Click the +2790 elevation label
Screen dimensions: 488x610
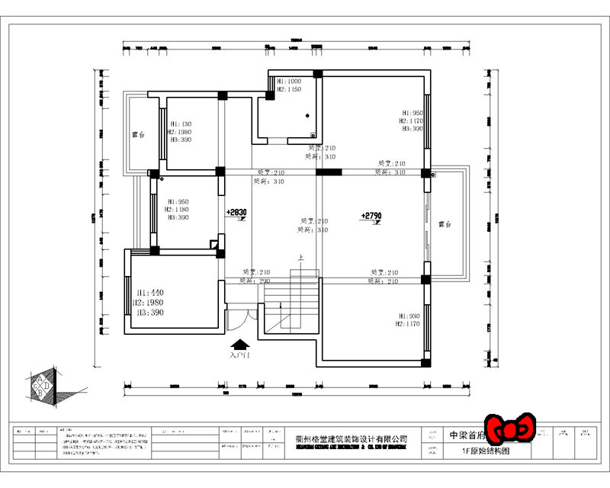tap(371, 216)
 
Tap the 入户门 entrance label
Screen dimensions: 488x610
tap(239, 355)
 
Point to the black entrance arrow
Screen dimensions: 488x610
tap(239, 345)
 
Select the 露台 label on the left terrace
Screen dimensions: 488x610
tap(138, 134)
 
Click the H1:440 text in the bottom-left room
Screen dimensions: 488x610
tap(150, 293)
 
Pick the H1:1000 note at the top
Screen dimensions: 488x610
tap(289, 81)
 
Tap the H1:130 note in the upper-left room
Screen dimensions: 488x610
tap(181, 124)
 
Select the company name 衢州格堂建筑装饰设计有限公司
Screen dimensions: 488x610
tap(351, 439)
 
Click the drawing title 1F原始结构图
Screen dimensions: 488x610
tap(486, 451)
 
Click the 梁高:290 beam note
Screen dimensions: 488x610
tap(256, 281)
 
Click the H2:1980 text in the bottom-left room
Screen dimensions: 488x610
tap(150, 303)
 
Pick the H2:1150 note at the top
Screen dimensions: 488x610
tap(289, 89)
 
